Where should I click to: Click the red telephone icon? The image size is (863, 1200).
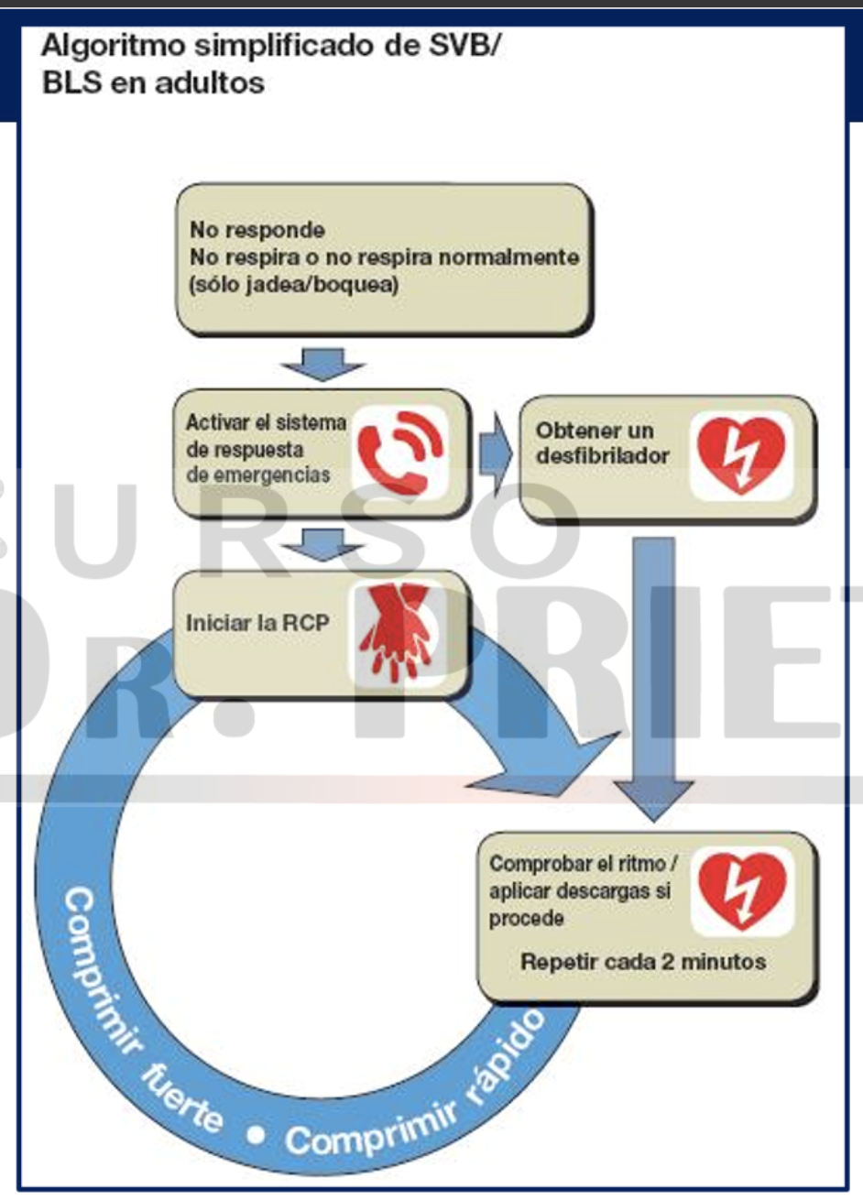[x=400, y=452]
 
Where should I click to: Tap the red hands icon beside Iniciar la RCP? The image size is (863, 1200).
[x=396, y=630]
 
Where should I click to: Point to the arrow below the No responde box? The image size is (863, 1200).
[x=322, y=364]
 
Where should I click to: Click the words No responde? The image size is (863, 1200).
[x=257, y=229]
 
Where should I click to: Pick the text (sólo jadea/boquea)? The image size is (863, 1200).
[x=294, y=284]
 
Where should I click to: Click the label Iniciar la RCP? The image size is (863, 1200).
[x=257, y=623]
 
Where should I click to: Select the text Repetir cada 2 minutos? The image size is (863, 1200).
[x=643, y=962]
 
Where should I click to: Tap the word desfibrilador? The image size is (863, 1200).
[x=603, y=455]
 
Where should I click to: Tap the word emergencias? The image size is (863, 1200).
[x=258, y=475]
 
